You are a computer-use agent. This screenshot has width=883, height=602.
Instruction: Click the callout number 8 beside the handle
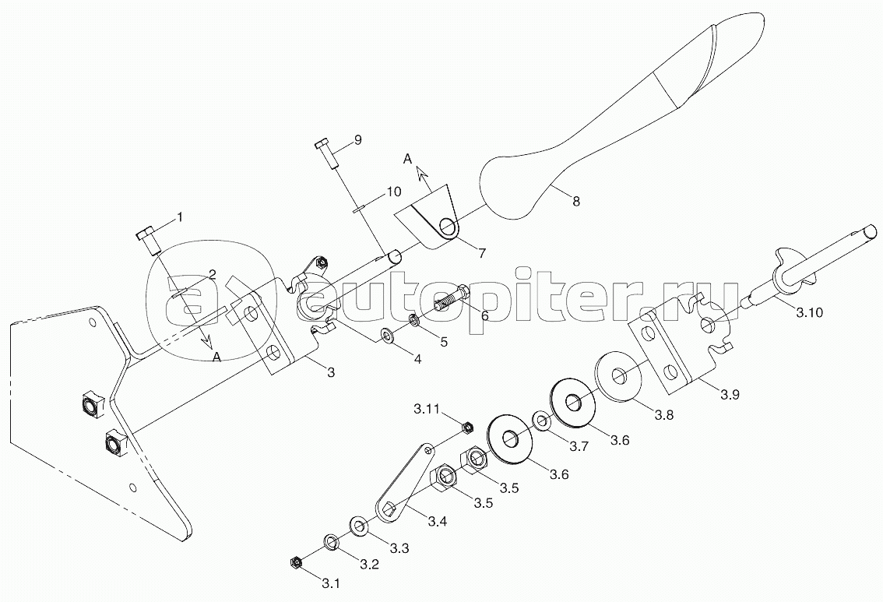pos(575,201)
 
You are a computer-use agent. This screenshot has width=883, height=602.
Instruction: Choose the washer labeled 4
pos(387,336)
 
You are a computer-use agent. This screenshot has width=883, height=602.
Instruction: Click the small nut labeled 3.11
pos(469,426)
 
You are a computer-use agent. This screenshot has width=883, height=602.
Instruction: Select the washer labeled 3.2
pos(330,540)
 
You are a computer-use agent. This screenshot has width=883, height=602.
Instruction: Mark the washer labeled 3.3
pos(359,526)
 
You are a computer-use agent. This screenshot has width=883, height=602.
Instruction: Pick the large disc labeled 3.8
pos(620,377)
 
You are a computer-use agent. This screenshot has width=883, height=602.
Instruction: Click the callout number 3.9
pos(730,395)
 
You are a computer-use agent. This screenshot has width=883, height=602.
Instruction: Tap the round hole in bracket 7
pos(448,227)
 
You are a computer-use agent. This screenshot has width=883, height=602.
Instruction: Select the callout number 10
pos(393,192)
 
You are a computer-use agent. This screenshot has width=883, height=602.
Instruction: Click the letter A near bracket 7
pos(406,158)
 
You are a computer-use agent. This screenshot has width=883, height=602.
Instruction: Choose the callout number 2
pos(212,273)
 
